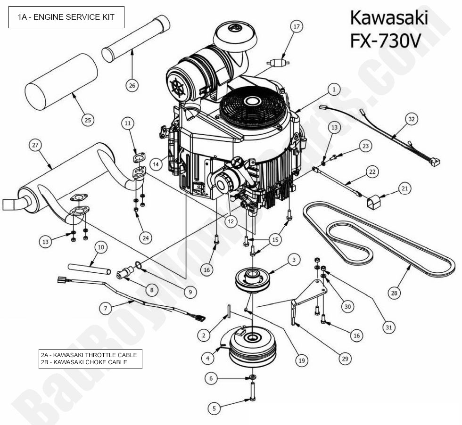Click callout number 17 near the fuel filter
point(297,27)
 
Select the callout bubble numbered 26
point(132,85)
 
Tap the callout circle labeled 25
point(87,120)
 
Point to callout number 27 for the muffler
point(34,146)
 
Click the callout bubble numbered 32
point(412,119)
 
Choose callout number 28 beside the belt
point(394,293)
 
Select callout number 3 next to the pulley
point(293,259)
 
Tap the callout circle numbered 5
point(214,409)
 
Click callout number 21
point(404,188)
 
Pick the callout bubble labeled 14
point(157,163)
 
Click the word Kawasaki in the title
point(388,18)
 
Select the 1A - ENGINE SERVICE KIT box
point(66,17)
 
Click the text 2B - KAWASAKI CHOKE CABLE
point(84,362)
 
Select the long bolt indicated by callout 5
point(253,391)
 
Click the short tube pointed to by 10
point(89,269)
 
